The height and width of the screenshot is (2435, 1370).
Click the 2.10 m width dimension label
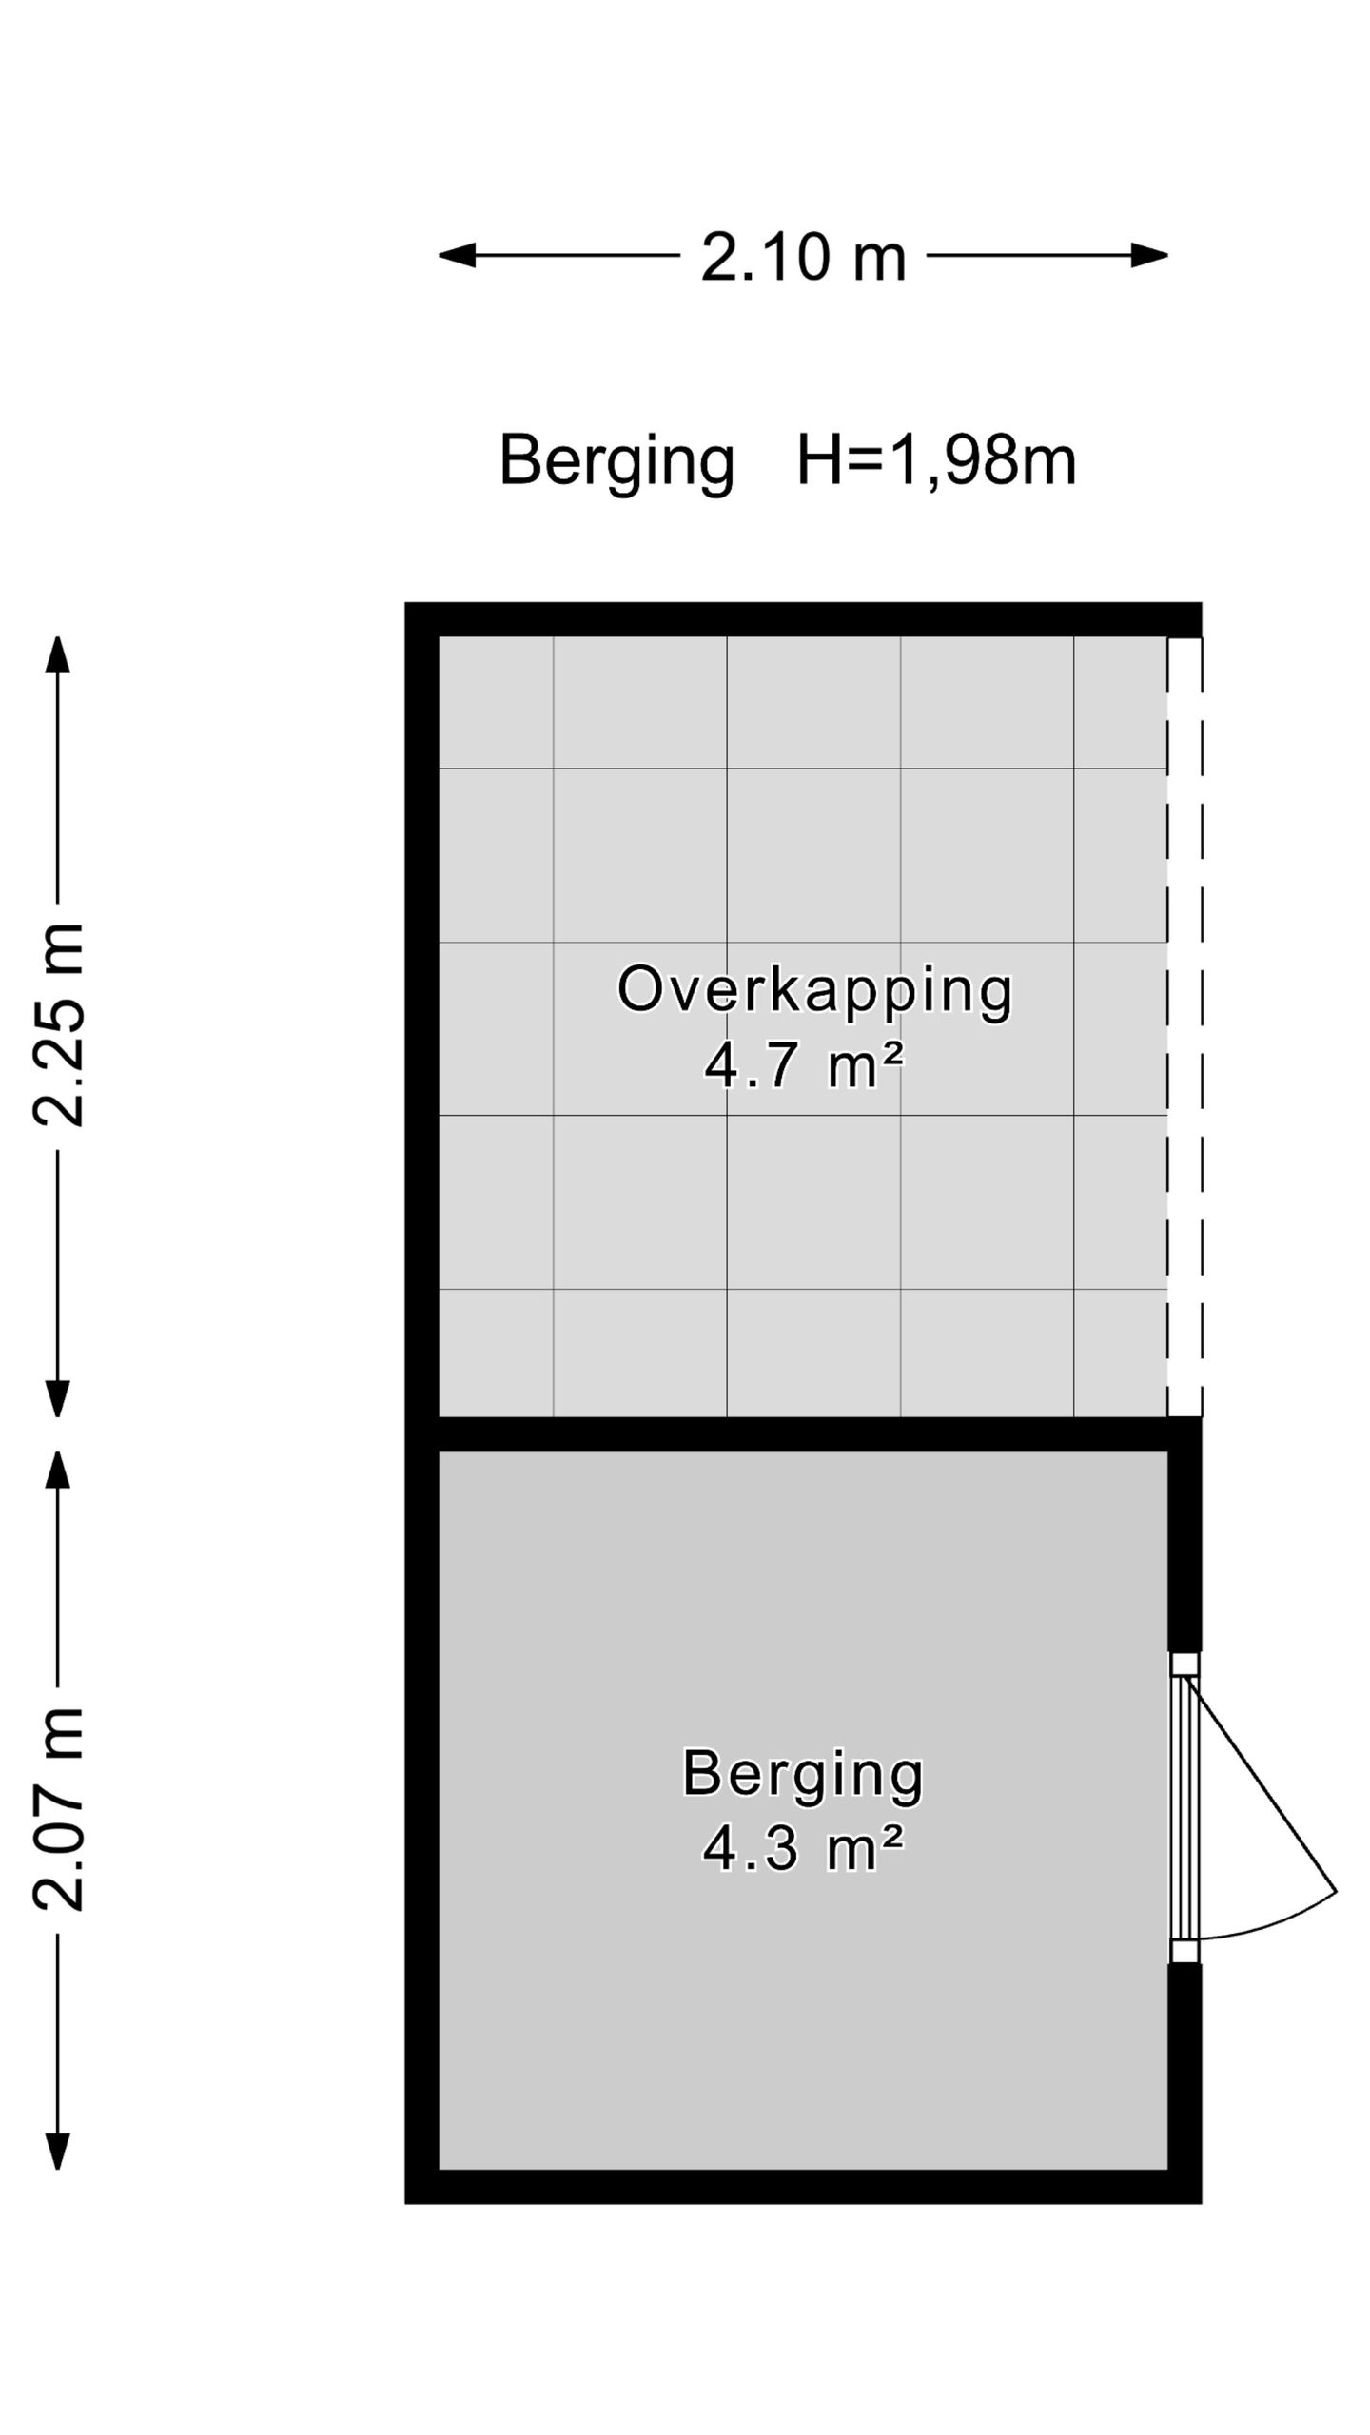(803, 257)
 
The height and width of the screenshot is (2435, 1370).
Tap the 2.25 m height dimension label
(59, 1024)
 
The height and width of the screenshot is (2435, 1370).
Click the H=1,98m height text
(936, 461)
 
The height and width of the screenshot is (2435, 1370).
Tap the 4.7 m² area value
(803, 1064)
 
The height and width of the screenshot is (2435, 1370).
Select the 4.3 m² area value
(803, 1848)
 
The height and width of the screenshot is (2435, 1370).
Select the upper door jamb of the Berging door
(1184, 1664)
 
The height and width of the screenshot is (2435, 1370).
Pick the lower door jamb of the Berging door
(1184, 1952)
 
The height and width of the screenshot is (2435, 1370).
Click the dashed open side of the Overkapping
(1185, 1026)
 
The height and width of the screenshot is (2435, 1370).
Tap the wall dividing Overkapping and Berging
(803, 1433)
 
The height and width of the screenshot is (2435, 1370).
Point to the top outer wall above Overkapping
(803, 619)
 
